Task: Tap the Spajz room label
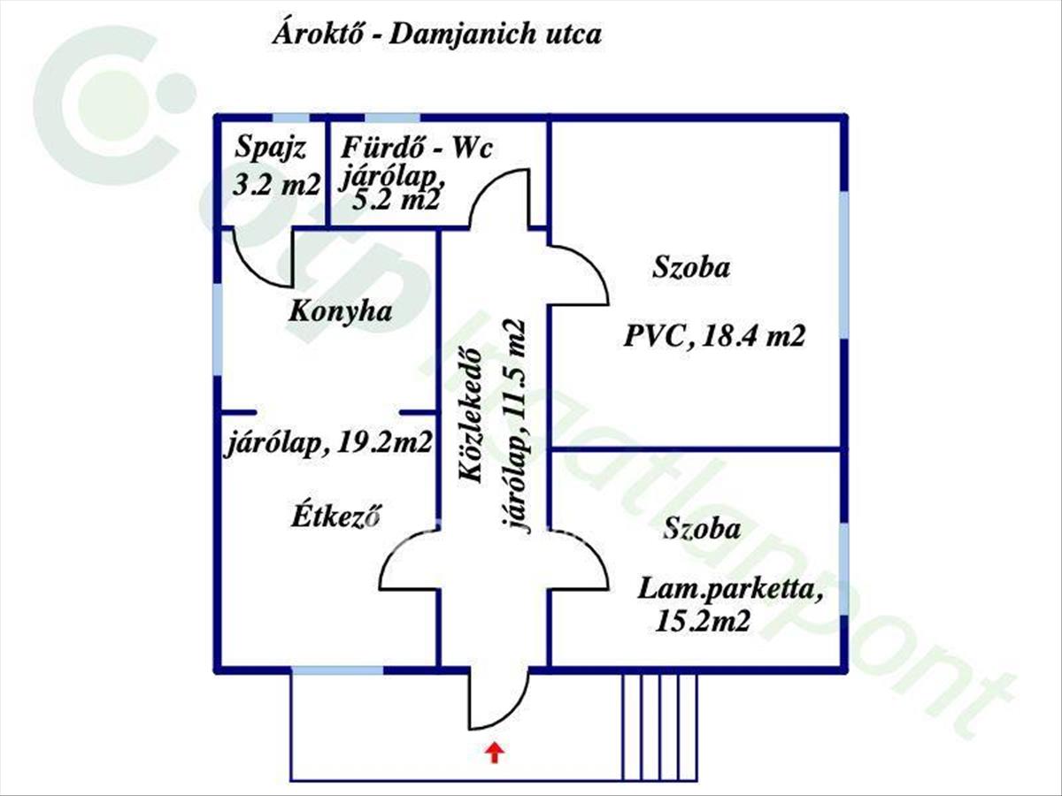point(270,148)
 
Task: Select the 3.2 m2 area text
point(276,185)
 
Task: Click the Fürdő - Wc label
point(417,148)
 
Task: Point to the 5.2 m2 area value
point(396,199)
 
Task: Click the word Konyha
point(340,311)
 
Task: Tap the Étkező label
point(335,516)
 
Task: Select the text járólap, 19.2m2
point(329,443)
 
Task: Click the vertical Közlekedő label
point(470,416)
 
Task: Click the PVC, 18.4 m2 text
point(714,336)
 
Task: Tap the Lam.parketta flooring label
point(729,591)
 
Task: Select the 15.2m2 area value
point(703,621)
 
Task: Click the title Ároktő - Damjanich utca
point(437,34)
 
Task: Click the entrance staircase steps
point(660,727)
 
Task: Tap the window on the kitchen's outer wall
point(218,329)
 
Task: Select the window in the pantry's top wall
point(291,118)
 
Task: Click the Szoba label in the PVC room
point(691,268)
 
